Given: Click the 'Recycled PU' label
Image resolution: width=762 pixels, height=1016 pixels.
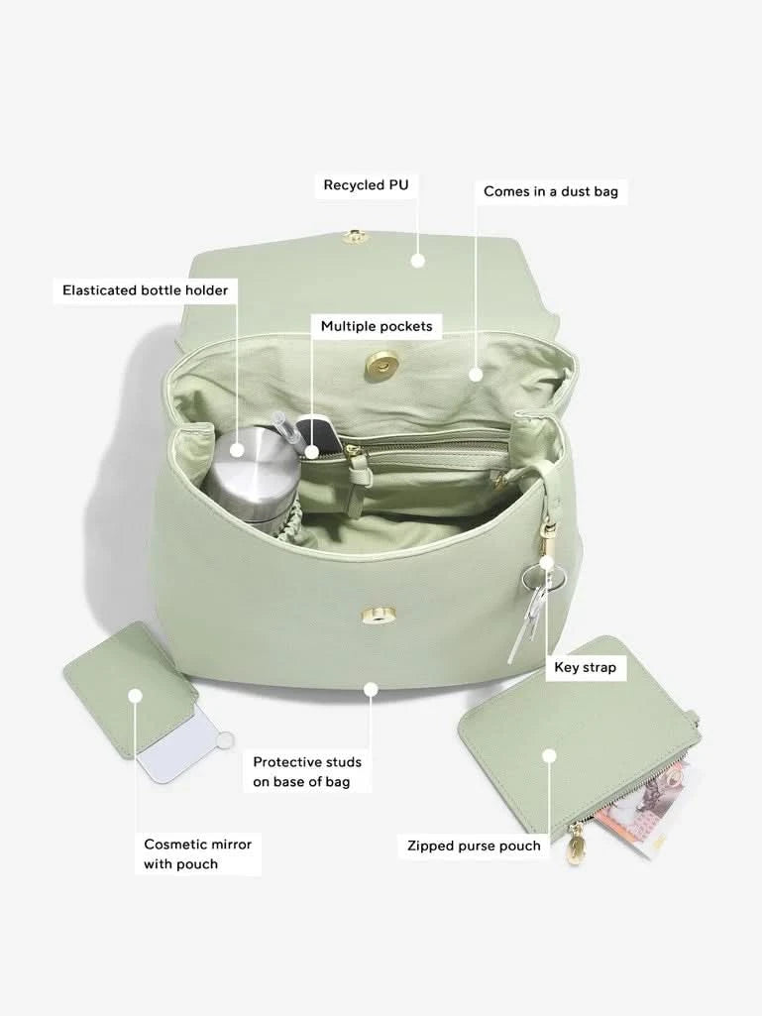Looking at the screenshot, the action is (x=366, y=185).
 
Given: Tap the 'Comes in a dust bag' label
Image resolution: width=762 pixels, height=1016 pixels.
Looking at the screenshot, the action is (x=551, y=191).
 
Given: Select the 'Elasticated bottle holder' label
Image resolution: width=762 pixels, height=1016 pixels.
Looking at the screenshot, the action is (x=145, y=290).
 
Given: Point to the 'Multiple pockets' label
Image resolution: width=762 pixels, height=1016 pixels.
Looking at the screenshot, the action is (x=377, y=326).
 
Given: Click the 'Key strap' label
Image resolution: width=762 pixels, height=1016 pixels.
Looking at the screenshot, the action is (x=585, y=667).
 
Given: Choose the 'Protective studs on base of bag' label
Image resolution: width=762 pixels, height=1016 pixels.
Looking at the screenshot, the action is (x=307, y=772).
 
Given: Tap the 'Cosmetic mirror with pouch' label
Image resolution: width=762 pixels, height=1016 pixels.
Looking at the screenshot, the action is (x=197, y=854).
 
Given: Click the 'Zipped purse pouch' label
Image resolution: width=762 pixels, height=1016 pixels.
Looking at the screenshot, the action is (x=474, y=846).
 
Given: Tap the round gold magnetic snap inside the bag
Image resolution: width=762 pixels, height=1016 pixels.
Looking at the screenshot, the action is (x=379, y=367).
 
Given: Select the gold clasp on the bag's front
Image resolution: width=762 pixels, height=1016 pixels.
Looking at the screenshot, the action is (x=381, y=615).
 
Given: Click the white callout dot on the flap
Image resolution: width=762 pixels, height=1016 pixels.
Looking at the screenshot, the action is (x=418, y=261).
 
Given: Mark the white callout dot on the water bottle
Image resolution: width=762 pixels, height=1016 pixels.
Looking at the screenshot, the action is (x=237, y=449).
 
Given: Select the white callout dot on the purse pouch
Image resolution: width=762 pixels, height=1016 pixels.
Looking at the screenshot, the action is (x=550, y=756).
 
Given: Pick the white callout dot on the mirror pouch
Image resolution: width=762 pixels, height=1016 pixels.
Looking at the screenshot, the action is (x=135, y=696).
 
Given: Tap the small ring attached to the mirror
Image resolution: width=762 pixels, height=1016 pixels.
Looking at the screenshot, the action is (x=226, y=740).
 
